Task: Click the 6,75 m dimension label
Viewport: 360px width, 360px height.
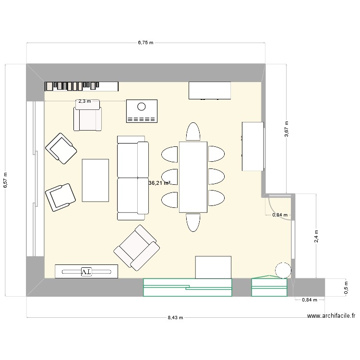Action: [145, 43]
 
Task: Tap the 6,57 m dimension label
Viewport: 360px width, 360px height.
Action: [5, 180]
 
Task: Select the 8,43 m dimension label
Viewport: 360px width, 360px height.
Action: [175, 318]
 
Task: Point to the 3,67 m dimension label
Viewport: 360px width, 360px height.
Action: [287, 129]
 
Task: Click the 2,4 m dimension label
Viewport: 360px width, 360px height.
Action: [316, 236]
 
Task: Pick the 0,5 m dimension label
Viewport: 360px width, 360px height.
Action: [346, 288]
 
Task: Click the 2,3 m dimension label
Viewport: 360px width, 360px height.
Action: [84, 101]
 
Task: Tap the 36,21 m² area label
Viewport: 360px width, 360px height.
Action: [159, 183]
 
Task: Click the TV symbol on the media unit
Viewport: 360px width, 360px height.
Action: [86, 272]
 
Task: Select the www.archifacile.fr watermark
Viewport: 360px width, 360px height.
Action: [331, 316]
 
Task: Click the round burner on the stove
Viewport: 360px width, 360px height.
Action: [142, 107]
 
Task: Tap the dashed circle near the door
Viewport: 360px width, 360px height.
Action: [283, 270]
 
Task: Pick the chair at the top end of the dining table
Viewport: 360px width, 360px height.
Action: [193, 132]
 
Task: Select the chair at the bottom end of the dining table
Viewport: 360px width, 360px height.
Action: [193, 222]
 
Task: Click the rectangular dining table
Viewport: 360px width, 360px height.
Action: [193, 177]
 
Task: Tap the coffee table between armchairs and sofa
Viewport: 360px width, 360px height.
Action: [96, 180]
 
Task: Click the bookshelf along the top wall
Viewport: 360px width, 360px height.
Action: [82, 86]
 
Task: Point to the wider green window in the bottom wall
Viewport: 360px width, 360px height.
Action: [188, 287]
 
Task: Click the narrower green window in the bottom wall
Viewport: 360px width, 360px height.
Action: [269, 287]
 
